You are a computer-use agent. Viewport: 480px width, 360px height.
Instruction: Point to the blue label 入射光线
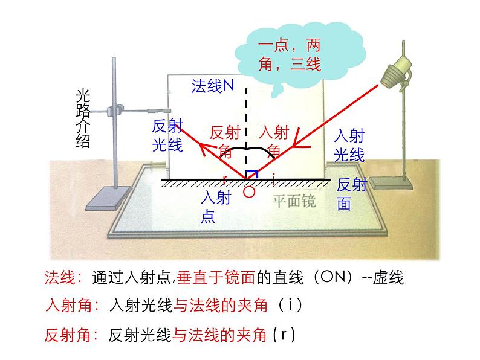(x=349, y=145)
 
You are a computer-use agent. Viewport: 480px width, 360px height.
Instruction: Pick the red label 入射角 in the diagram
(x=273, y=141)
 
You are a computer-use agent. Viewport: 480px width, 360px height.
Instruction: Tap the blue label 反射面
(x=351, y=194)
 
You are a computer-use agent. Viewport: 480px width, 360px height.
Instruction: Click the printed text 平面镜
(x=294, y=201)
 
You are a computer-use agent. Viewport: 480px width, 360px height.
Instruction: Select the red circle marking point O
(x=248, y=192)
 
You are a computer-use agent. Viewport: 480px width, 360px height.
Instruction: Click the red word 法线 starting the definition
(x=59, y=278)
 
